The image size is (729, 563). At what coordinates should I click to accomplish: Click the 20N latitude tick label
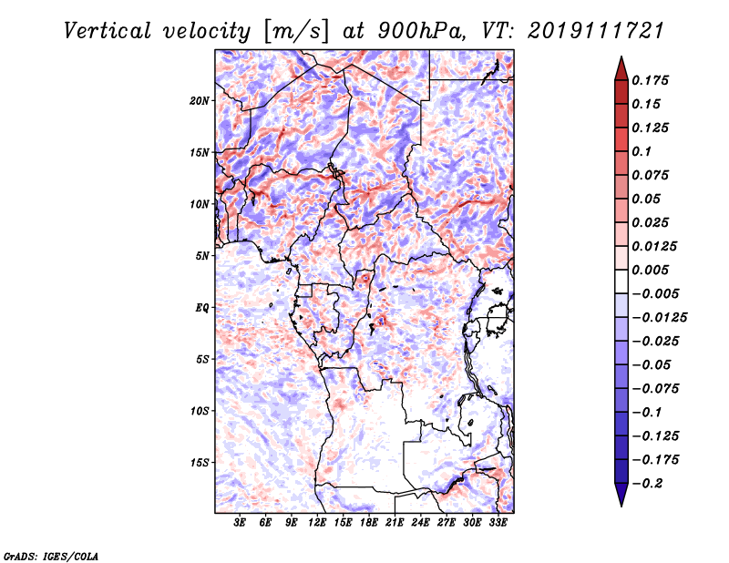[200, 101]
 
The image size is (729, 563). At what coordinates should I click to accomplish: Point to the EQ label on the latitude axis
[201, 308]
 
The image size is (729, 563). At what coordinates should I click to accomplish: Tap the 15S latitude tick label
[200, 463]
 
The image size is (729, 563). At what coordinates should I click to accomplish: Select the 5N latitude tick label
[202, 256]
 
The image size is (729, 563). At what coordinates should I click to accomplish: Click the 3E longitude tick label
[240, 522]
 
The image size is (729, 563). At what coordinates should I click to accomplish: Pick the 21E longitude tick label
[395, 522]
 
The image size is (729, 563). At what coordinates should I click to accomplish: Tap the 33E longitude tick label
[498, 522]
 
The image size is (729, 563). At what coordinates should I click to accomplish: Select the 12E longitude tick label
[317, 522]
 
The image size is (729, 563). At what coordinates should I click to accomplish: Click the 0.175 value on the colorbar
[650, 80]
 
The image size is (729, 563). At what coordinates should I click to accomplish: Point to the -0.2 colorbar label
[647, 484]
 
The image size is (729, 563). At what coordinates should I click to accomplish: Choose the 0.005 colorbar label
[650, 270]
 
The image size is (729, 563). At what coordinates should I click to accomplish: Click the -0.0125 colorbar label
[659, 318]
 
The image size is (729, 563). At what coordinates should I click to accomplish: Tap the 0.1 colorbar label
[642, 151]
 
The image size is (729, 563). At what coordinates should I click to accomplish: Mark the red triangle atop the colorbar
[621, 69]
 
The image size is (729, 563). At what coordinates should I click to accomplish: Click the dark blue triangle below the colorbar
[621, 495]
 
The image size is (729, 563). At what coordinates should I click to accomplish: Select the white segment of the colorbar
[621, 281]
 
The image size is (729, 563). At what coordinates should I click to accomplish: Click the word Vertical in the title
[108, 31]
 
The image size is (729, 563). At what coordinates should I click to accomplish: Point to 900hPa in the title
[421, 31]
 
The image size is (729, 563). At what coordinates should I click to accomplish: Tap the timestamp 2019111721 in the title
[596, 31]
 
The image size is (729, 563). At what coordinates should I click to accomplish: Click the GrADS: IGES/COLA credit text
[51, 556]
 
